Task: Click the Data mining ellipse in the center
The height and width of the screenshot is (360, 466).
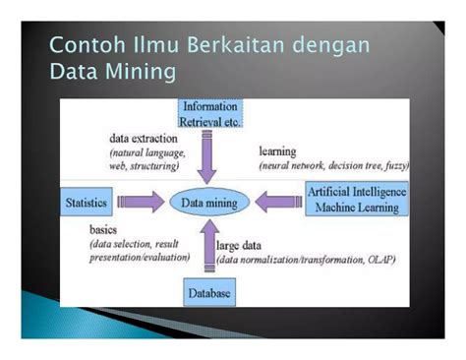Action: (x=208, y=202)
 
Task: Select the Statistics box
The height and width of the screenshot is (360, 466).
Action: (x=86, y=202)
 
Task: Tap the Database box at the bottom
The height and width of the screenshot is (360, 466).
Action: (x=211, y=293)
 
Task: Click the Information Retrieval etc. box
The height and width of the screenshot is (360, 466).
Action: (x=210, y=115)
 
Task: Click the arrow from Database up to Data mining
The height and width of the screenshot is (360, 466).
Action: (x=209, y=248)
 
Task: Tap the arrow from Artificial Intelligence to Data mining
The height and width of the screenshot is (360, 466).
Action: (x=277, y=202)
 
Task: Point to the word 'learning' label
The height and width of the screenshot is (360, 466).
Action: (x=279, y=151)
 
